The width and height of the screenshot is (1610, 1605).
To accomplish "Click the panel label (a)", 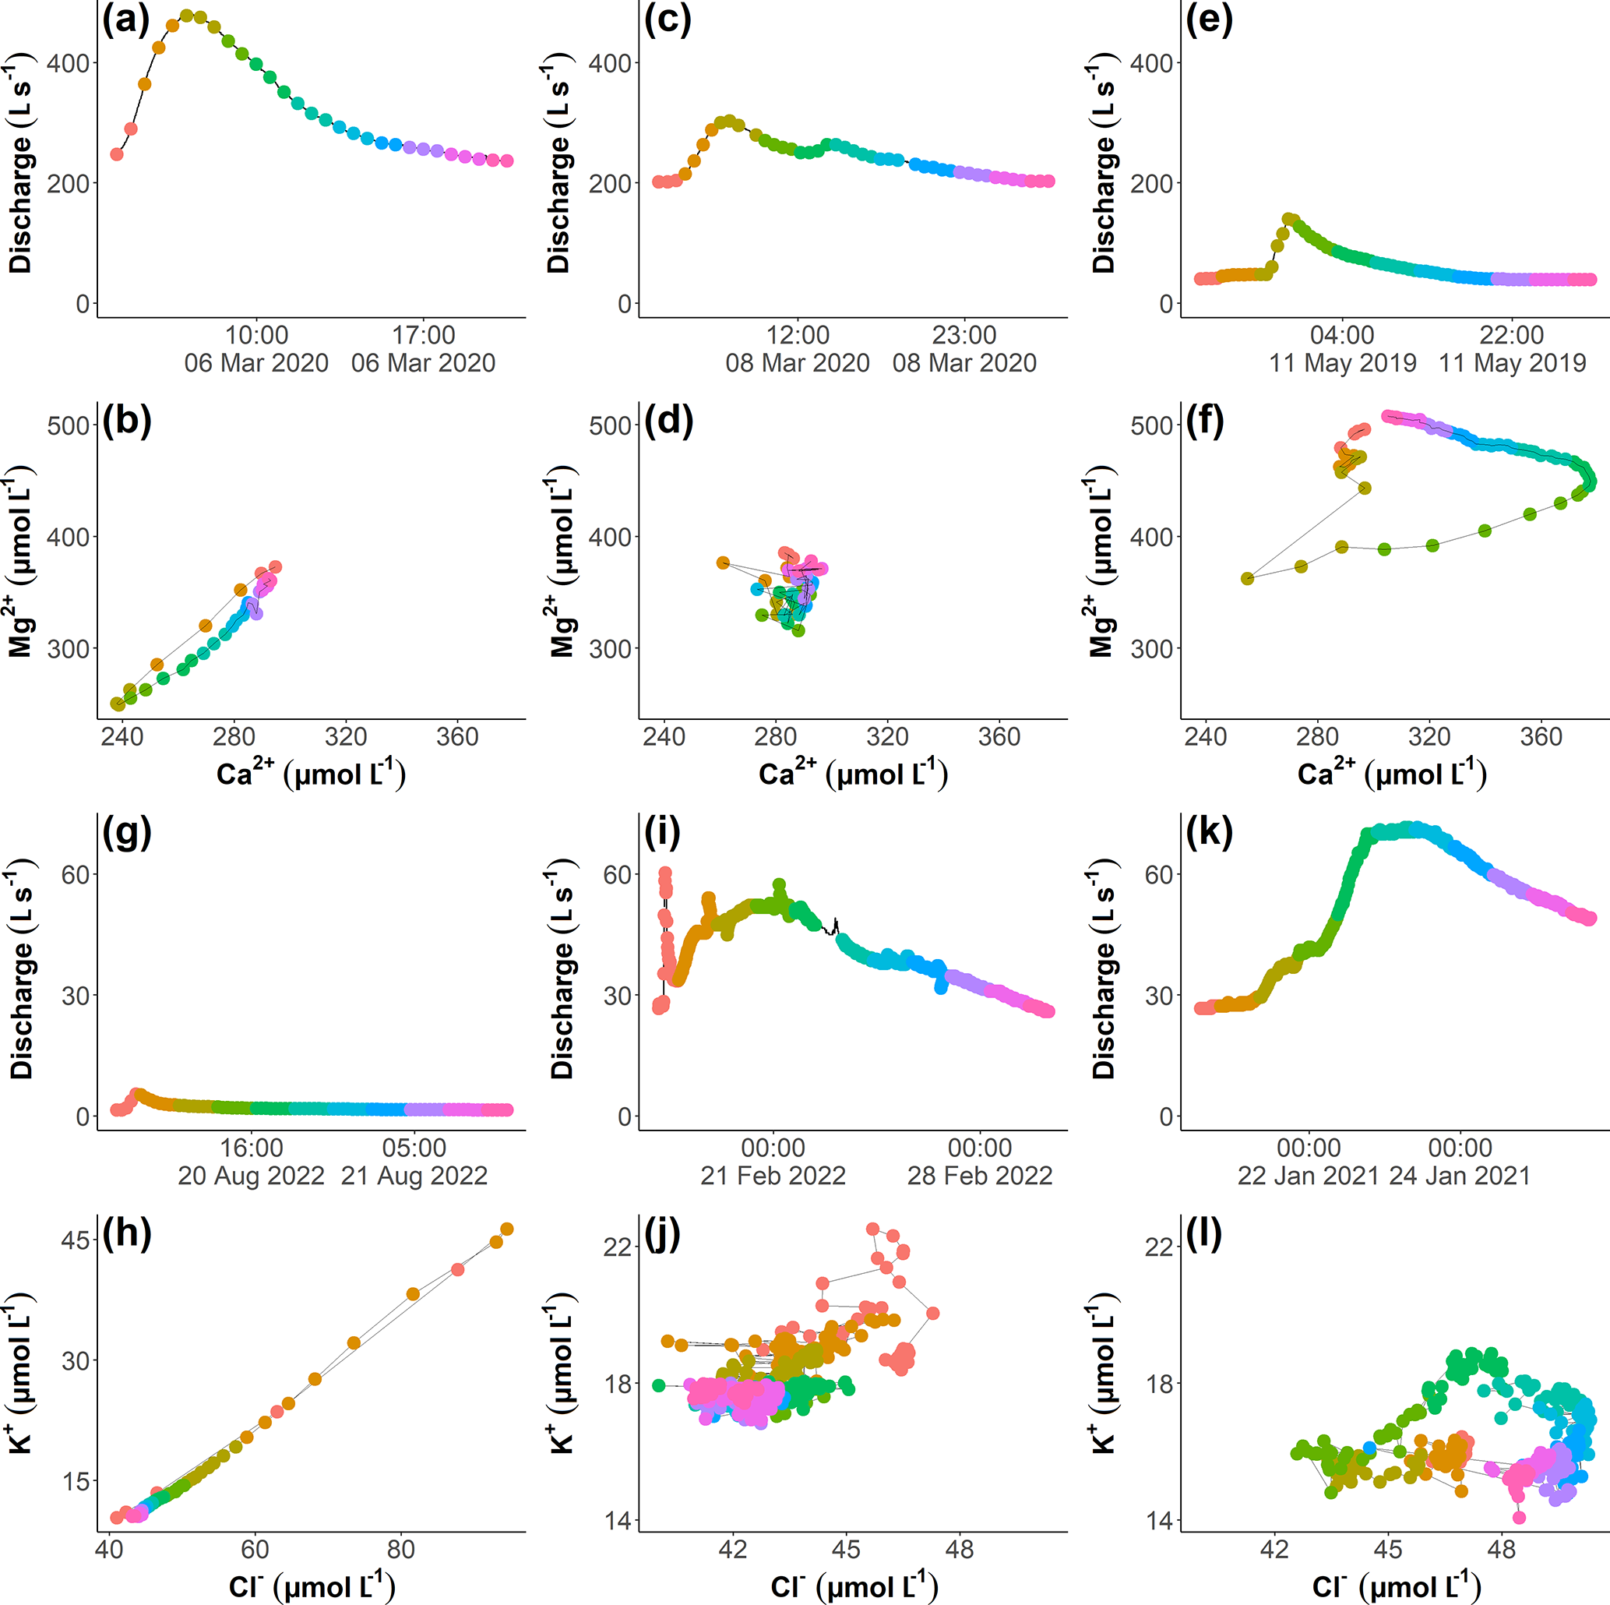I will [x=126, y=19].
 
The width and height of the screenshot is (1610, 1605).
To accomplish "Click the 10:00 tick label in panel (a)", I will [x=257, y=335].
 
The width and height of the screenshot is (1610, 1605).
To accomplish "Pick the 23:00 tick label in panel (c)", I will [x=964, y=335].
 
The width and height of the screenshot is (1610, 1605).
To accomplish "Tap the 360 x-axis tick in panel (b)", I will [x=457, y=736].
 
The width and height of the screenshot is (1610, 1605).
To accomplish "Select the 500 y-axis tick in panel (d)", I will [x=611, y=425].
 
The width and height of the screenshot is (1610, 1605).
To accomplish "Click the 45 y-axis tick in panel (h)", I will [x=76, y=1240].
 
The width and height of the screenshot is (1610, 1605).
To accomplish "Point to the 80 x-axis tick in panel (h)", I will [x=401, y=1549].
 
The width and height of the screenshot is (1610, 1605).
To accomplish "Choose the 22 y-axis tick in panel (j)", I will [x=618, y=1247].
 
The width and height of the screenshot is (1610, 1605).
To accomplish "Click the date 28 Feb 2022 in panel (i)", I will [x=980, y=1176].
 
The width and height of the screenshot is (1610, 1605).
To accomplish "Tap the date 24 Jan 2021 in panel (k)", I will [x=1460, y=1176].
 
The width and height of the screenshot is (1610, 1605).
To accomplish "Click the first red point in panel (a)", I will [x=117, y=154].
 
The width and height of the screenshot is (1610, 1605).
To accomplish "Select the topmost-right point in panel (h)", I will [x=506, y=1229].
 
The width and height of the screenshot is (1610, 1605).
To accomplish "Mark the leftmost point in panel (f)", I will [x=1248, y=579].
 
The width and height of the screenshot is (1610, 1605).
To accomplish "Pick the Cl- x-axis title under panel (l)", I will [x=1396, y=1586].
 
